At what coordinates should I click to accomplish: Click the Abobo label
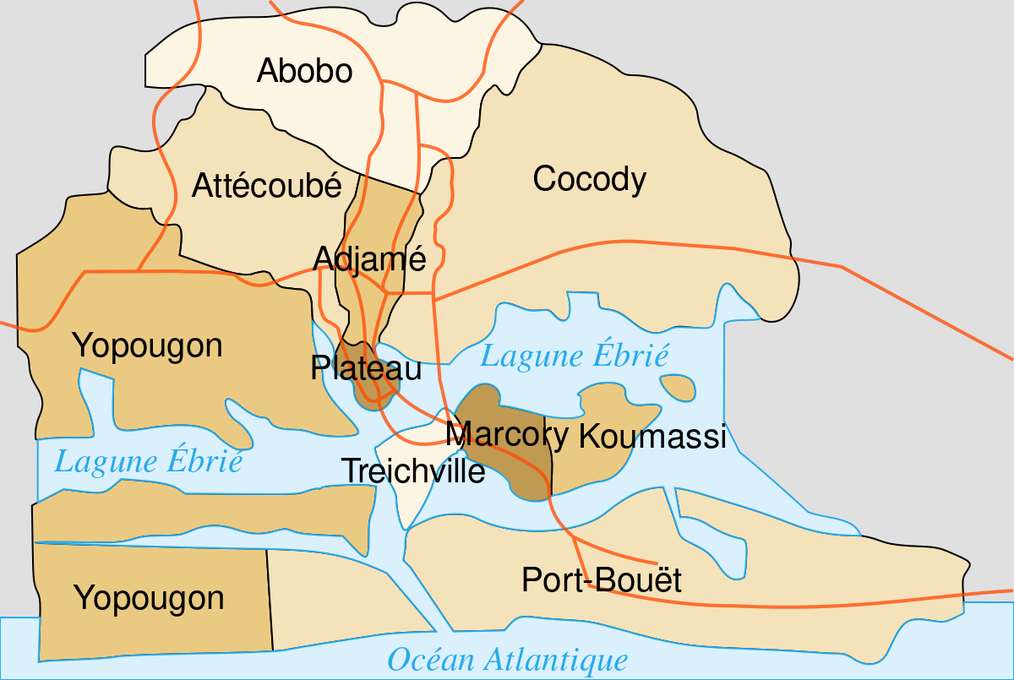pos(304,71)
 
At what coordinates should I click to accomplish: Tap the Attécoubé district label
pos(266,185)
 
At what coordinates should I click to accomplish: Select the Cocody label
pos(589,179)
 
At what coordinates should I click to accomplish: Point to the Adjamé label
pos(369,258)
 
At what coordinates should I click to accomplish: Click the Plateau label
pos(366,368)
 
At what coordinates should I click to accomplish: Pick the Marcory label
pos(506,434)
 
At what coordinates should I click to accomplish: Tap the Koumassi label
pos(652,437)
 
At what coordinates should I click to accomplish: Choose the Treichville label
pos(413,471)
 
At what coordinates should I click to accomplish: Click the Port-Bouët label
pos(601,580)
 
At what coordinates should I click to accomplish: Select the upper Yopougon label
pos(147,345)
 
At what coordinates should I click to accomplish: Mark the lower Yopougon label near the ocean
pos(149,598)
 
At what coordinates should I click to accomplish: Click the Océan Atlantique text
pos(507,659)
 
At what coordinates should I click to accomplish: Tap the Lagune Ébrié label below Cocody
pos(575,356)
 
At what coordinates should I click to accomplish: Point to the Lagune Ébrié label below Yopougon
pos(148,462)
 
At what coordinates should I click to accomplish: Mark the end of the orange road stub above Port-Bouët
pos(657,563)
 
